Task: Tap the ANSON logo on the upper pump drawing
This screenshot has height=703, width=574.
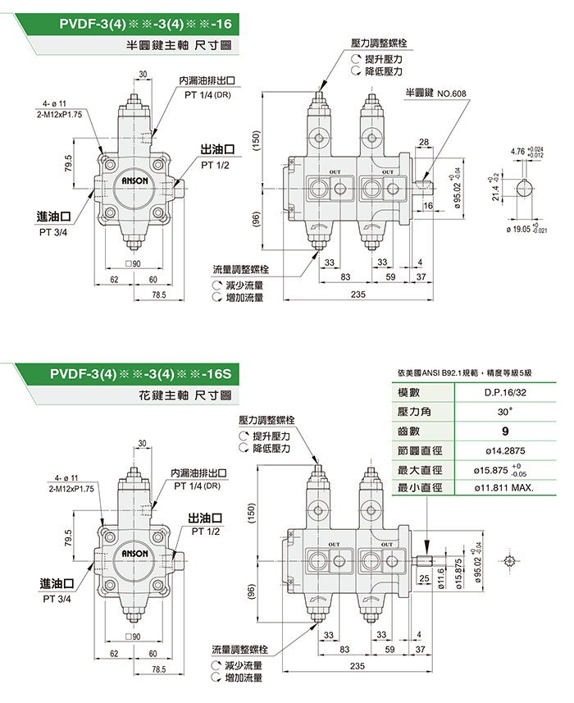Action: pyautogui.click(x=134, y=180)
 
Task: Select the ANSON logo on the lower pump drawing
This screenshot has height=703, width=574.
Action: pyautogui.click(x=134, y=555)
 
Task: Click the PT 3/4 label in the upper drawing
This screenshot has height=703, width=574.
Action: pyautogui.click(x=54, y=233)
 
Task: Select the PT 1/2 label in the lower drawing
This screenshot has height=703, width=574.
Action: pyautogui.click(x=205, y=531)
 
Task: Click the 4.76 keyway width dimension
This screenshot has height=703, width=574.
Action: pyautogui.click(x=518, y=152)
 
